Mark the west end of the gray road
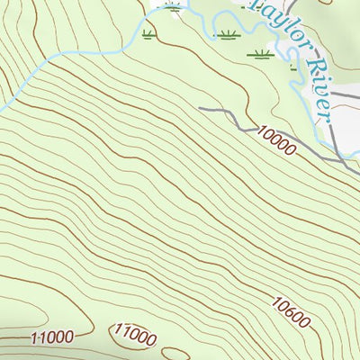[x=200, y=109]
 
